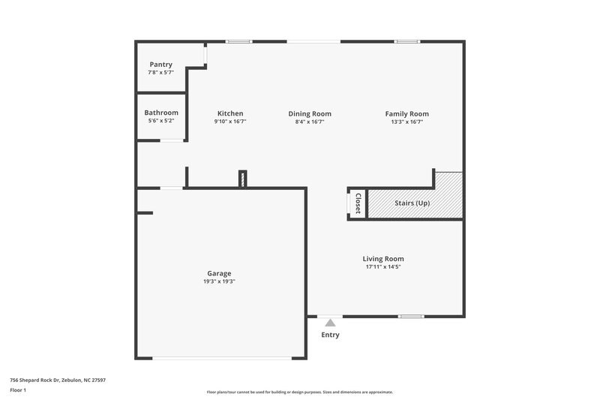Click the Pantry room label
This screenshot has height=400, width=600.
(161, 65)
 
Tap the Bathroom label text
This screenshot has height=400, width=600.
(161, 113)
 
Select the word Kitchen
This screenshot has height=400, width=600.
(230, 114)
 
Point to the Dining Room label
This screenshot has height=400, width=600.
(310, 114)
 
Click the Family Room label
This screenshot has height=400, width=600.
(407, 114)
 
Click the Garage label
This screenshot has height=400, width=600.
(219, 273)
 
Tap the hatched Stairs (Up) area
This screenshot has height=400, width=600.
(413, 203)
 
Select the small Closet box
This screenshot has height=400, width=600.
(357, 203)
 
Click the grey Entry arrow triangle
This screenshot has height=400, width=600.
(329, 322)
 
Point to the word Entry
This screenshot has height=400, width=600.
(330, 335)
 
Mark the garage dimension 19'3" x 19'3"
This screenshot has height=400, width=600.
(219, 281)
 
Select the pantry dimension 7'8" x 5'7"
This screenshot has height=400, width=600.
(161, 73)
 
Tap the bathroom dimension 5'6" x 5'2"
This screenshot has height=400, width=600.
(161, 121)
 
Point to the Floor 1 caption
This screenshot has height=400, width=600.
(19, 391)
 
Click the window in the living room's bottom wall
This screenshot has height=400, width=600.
(410, 317)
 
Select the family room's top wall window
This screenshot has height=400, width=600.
(407, 41)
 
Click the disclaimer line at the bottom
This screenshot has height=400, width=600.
(300, 392)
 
